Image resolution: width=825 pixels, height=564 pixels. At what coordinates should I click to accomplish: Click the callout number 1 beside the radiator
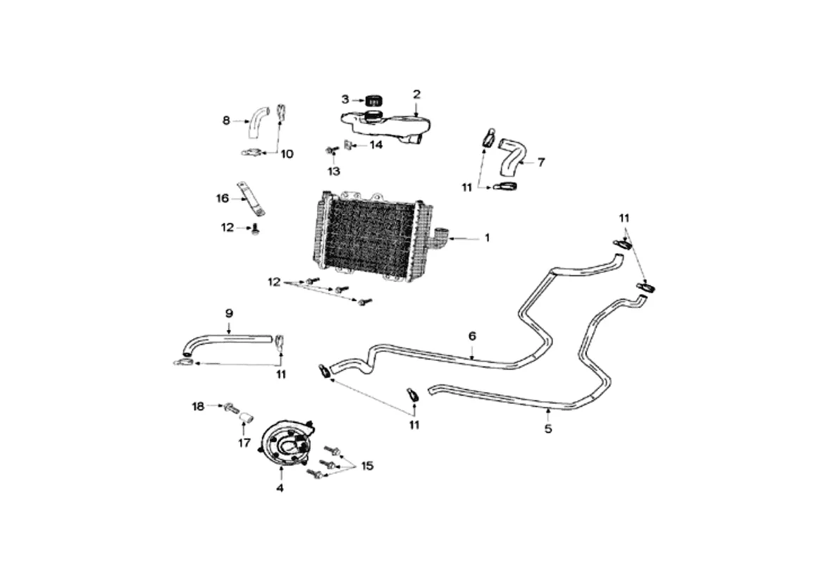488,238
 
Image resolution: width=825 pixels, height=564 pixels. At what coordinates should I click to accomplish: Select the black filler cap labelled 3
373,100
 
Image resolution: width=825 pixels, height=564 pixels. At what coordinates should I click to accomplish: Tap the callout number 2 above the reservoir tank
416,94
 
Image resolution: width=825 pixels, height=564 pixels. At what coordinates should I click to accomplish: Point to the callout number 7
541,162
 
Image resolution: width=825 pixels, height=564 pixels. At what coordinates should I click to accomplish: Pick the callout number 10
287,154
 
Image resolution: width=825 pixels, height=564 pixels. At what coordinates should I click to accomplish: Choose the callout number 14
376,145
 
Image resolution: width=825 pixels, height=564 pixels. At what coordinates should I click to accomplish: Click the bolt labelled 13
330,152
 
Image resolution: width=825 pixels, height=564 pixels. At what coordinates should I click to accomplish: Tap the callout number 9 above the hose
229,313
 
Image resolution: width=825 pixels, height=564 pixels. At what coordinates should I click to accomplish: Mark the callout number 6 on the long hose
472,336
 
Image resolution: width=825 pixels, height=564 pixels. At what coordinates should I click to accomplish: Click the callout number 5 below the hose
548,429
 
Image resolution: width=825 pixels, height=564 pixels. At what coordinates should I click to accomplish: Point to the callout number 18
198,407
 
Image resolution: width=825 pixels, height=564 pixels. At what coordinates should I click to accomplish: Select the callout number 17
244,443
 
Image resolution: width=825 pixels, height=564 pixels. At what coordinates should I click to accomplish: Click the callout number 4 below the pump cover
280,488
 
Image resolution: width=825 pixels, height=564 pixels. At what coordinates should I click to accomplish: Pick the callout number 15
367,466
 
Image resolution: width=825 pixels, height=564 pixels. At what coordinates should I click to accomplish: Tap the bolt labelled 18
231,407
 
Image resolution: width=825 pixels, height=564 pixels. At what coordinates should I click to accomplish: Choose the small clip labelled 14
348,144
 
